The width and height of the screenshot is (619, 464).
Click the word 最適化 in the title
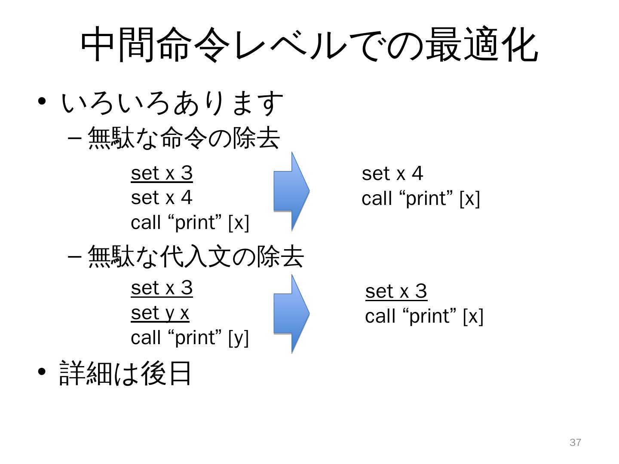click(x=481, y=45)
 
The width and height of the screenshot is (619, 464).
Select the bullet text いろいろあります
click(x=172, y=104)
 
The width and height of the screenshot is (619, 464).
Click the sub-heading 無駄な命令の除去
click(x=184, y=139)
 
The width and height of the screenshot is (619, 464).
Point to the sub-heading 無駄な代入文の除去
click(x=196, y=257)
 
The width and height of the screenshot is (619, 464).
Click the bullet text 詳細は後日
click(x=125, y=373)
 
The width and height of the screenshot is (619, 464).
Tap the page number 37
click(x=575, y=443)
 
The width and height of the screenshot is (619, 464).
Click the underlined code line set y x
click(x=160, y=313)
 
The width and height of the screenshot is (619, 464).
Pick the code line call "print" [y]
click(x=190, y=338)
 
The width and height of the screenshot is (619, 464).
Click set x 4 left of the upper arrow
click(x=162, y=198)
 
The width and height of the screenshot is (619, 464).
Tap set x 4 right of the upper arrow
click(x=392, y=174)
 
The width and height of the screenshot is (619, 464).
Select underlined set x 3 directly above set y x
click(x=162, y=288)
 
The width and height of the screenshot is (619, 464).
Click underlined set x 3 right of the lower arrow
click(x=396, y=291)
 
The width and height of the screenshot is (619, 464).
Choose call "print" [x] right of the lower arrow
click(x=424, y=317)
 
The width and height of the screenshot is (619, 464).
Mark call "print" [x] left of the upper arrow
click(x=190, y=223)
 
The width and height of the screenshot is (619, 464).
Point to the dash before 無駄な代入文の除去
click(x=74, y=257)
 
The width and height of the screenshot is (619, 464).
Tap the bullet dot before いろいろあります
click(x=42, y=102)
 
